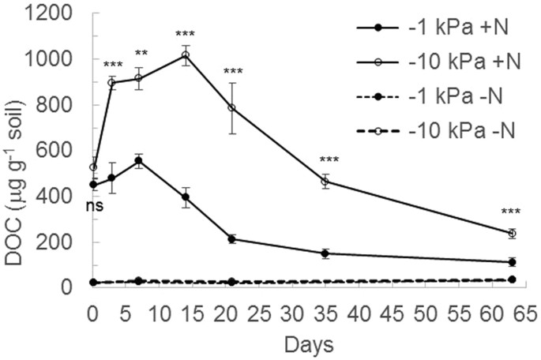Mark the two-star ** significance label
(x=141, y=54)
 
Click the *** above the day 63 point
(x=511, y=212)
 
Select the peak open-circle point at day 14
(x=186, y=54)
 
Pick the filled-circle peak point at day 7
(x=139, y=160)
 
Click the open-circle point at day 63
(x=512, y=233)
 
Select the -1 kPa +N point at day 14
(x=186, y=197)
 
